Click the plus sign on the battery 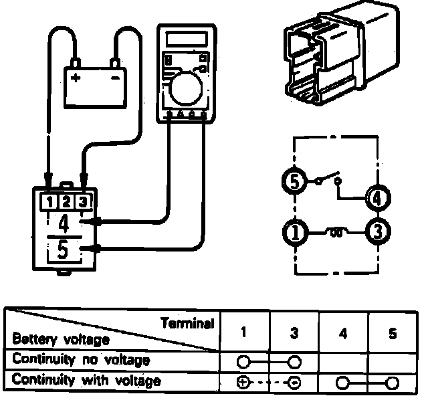[76, 78]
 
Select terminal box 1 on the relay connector [49, 201]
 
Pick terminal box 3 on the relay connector [82, 201]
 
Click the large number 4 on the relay [65, 223]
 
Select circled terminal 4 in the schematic [378, 197]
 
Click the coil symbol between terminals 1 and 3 [336, 233]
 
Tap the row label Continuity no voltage [81, 360]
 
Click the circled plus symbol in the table [243, 383]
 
